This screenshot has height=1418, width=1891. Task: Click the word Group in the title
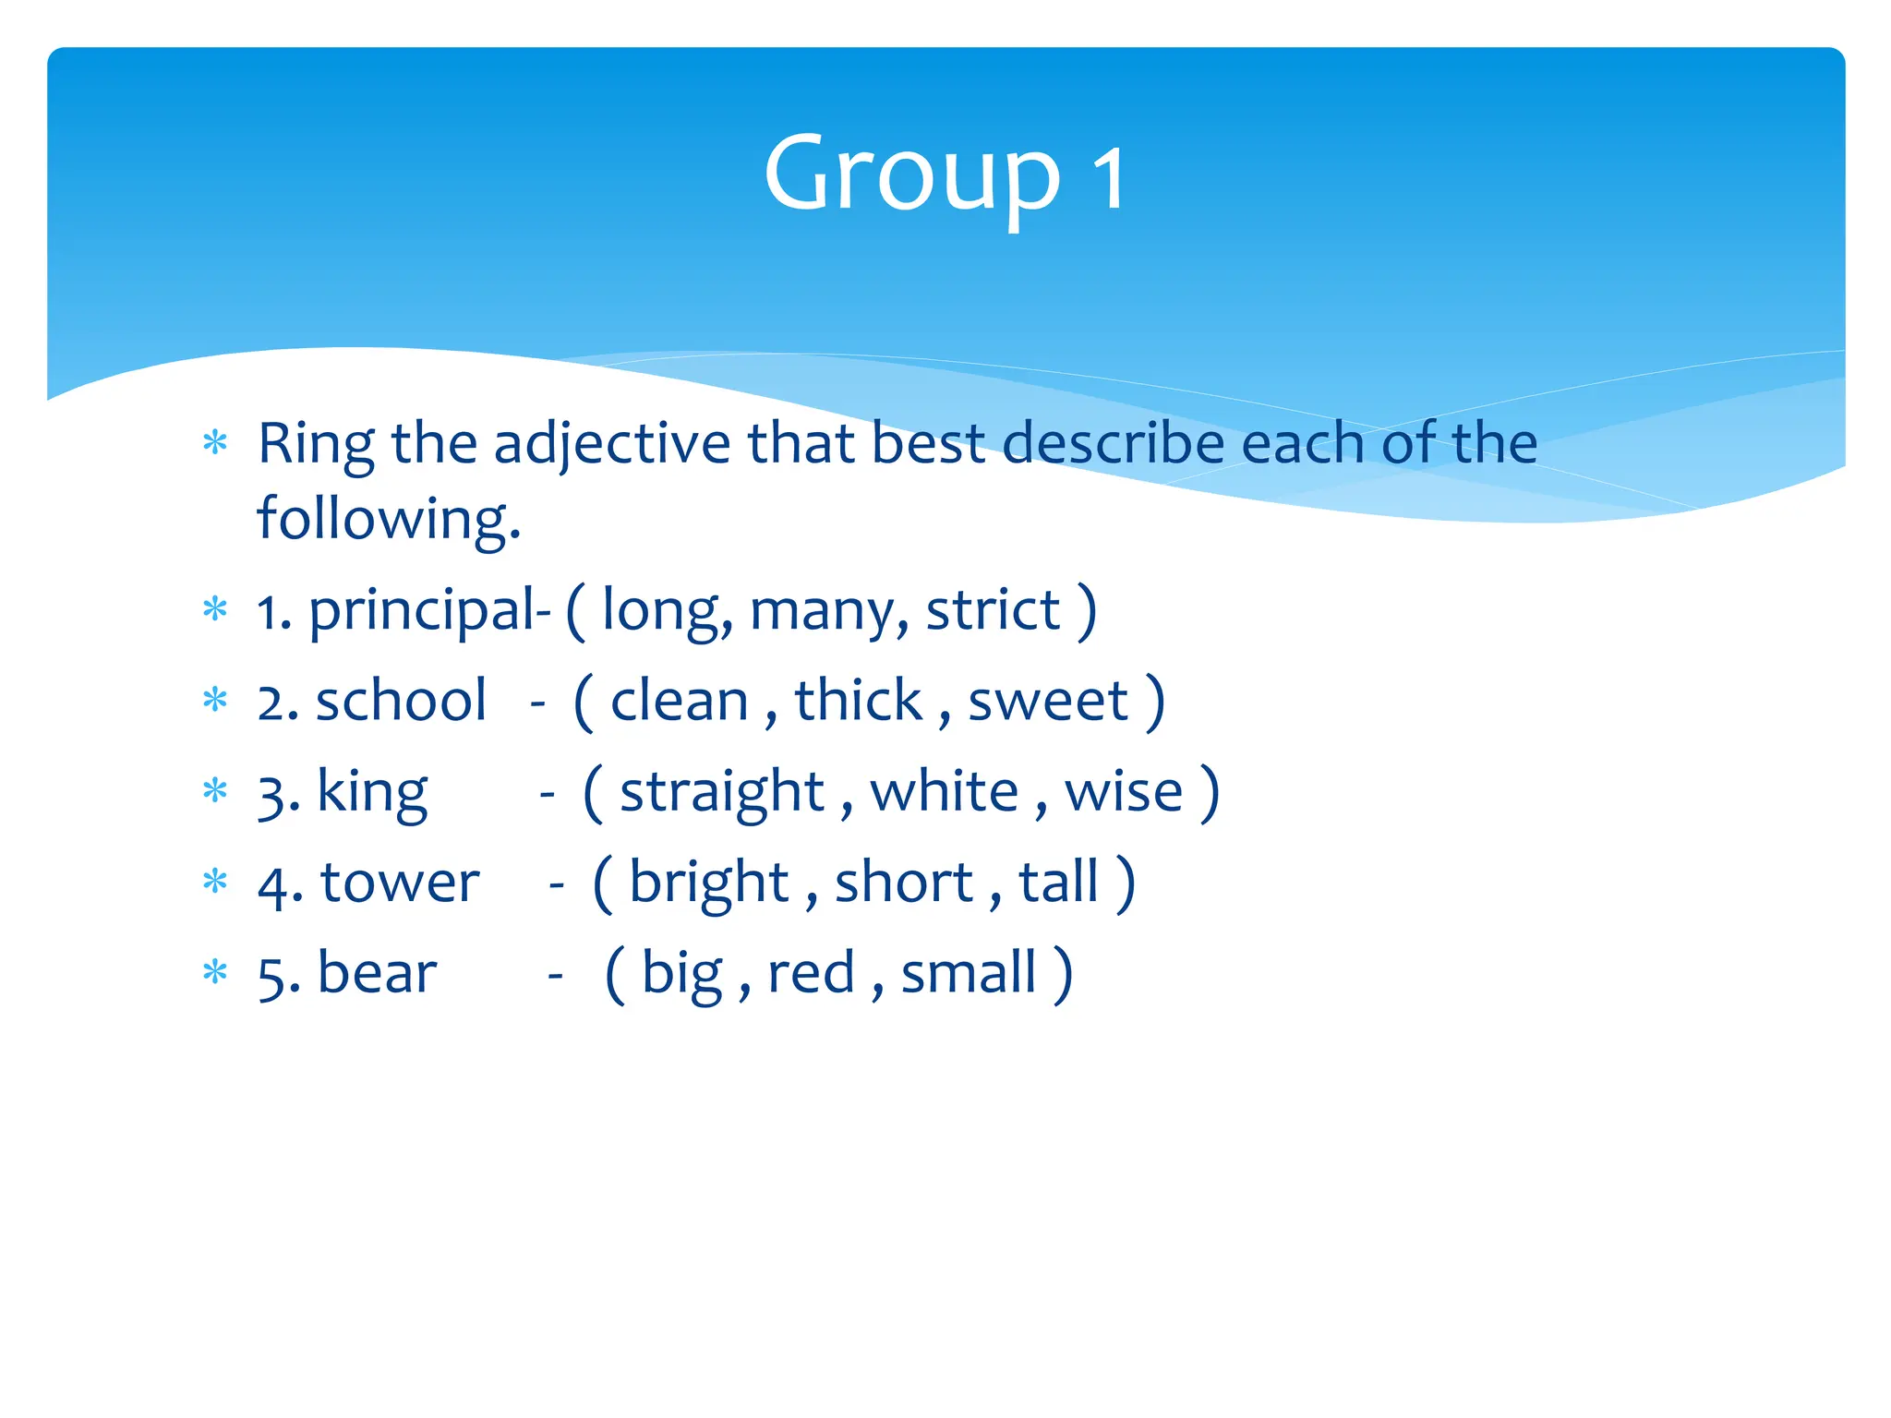coord(911,175)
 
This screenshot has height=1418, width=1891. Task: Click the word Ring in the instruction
coord(316,444)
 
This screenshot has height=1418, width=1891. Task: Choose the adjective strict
coord(993,610)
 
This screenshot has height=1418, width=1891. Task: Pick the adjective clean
coord(679,701)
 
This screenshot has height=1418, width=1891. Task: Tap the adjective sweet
coord(1048,701)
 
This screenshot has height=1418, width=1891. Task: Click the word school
coord(401,701)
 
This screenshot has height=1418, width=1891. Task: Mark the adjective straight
coord(721,793)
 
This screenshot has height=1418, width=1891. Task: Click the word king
coord(372,793)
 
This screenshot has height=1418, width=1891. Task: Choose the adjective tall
coord(1058,881)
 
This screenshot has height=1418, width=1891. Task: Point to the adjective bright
coord(708,883)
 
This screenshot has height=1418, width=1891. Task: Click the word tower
coord(400,883)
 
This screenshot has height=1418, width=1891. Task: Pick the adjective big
coord(682,973)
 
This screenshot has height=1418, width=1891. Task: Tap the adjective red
coord(811,973)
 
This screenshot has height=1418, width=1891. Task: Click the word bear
coord(377,973)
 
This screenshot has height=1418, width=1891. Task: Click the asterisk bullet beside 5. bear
coord(215,972)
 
